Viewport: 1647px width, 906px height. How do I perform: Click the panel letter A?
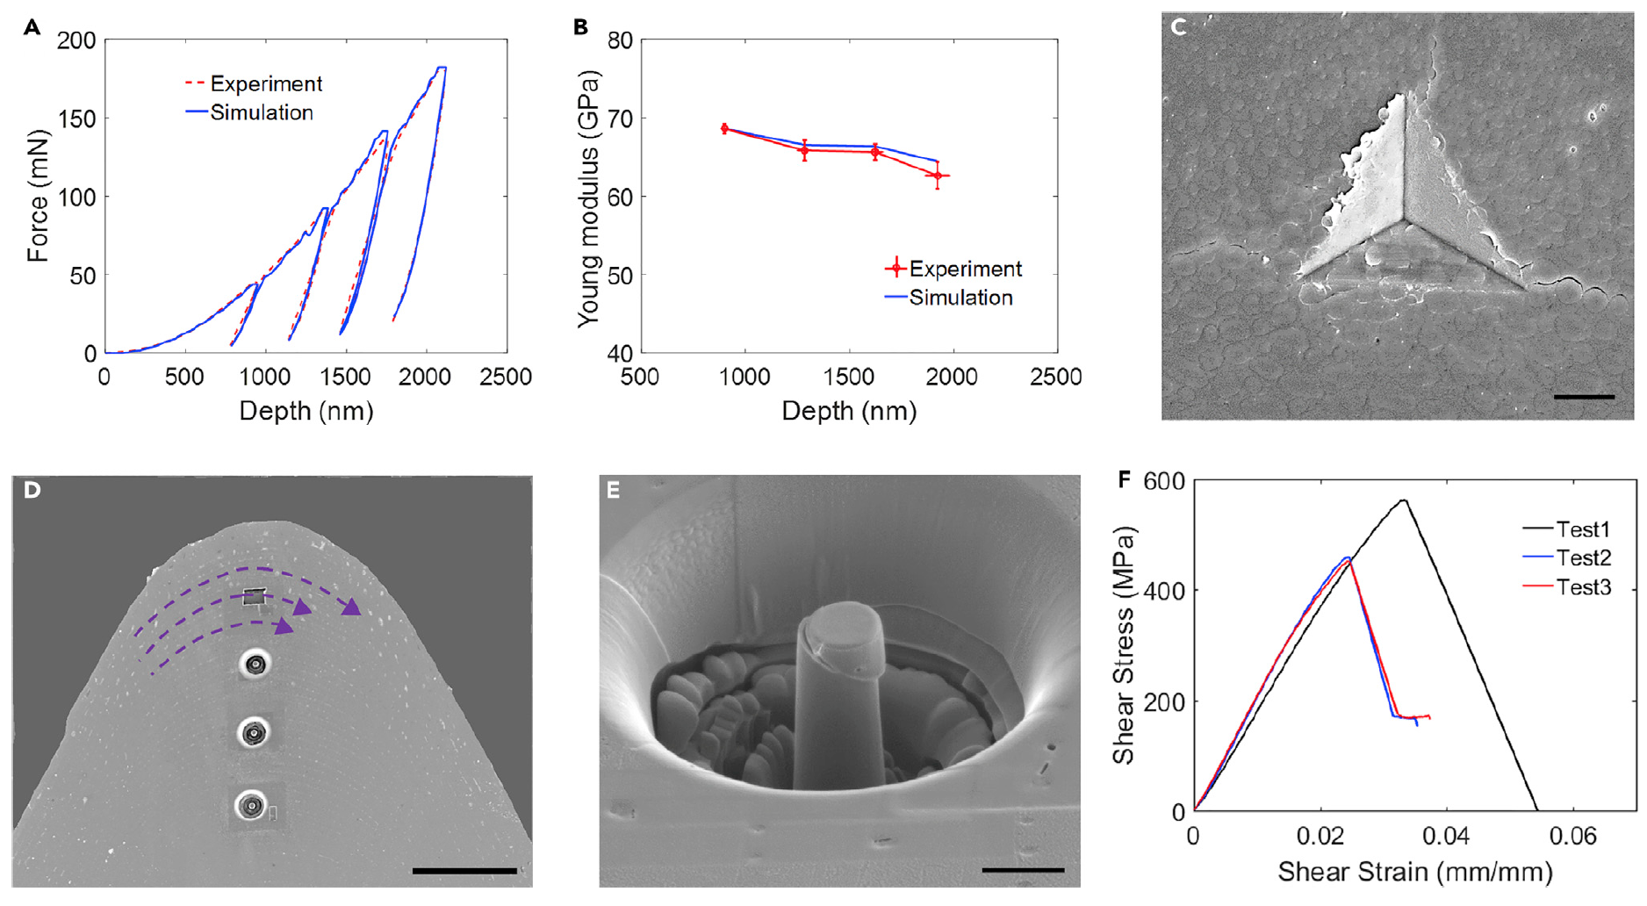[x=32, y=27]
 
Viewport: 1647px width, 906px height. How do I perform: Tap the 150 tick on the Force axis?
[x=77, y=119]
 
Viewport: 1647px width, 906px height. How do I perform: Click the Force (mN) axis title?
[x=38, y=196]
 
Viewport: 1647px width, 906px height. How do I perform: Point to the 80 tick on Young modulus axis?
[x=621, y=40]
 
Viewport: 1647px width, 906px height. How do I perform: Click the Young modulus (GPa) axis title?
[x=588, y=198]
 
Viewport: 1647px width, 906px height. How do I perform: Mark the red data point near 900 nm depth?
[x=724, y=129]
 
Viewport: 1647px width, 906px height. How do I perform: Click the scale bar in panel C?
[x=1584, y=397]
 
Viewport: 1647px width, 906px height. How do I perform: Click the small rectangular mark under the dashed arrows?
[x=255, y=597]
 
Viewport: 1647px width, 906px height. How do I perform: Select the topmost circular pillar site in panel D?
[x=255, y=665]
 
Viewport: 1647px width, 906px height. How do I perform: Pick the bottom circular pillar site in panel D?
[x=252, y=804]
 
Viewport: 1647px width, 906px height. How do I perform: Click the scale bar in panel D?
[x=464, y=871]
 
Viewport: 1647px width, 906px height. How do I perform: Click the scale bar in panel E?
[x=1023, y=870]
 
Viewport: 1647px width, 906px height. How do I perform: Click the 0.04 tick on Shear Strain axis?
[x=1445, y=836]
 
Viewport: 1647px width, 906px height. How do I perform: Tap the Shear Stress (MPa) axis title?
[x=1123, y=645]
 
